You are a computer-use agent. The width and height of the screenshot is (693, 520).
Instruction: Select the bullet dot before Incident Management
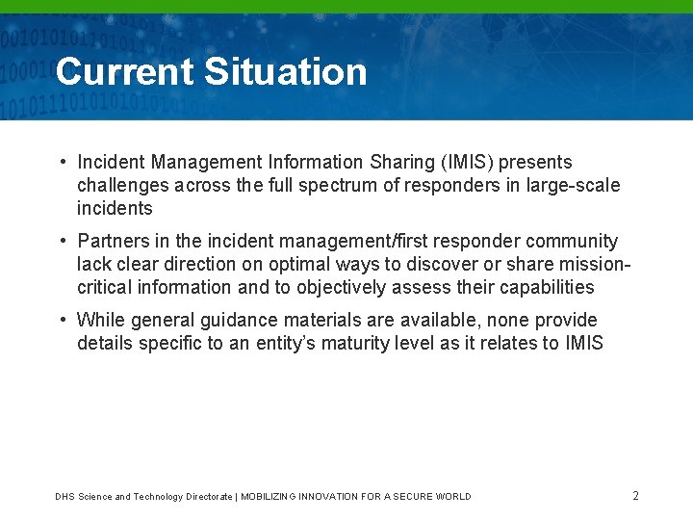61,163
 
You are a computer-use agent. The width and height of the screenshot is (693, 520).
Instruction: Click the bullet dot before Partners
61,242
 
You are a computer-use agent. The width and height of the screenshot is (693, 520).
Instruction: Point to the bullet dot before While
61,321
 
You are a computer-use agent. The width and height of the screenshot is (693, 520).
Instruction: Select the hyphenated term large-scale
573,186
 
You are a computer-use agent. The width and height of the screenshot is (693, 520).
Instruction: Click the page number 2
635,496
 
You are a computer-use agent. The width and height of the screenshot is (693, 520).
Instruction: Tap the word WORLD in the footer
451,497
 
